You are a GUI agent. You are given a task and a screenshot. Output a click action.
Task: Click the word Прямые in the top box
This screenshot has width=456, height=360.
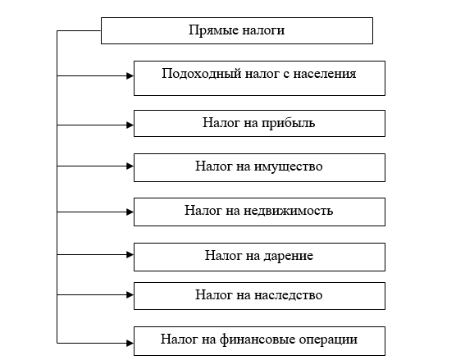click(213, 30)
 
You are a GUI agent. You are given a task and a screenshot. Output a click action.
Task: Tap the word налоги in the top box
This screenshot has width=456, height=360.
click(263, 31)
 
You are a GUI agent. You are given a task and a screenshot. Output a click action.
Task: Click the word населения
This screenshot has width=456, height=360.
click(325, 74)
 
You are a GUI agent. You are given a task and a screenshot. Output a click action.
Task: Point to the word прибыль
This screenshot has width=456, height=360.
click(288, 123)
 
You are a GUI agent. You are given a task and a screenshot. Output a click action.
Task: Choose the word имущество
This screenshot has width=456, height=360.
click(288, 167)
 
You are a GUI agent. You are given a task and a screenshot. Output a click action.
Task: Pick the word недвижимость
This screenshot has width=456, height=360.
click(288, 211)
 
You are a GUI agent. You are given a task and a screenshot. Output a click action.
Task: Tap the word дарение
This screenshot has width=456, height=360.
click(288, 256)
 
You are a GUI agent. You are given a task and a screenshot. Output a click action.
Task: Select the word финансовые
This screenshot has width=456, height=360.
click(258, 339)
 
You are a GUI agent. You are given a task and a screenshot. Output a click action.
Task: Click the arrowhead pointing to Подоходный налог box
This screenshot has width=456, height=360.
click(130, 76)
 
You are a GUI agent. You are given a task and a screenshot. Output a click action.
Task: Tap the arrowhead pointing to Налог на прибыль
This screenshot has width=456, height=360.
click(130, 125)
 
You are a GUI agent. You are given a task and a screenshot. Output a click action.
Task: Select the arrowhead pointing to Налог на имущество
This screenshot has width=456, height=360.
click(130, 166)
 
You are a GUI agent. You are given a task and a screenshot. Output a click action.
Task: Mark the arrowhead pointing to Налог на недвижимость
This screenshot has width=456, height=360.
click(130, 212)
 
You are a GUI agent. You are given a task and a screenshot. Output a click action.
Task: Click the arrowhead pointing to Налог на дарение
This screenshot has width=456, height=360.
click(130, 255)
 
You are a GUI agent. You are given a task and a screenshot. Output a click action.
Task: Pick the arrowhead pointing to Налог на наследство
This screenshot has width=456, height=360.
click(130, 295)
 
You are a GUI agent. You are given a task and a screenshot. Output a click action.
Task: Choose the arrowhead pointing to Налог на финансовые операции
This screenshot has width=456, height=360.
click(130, 343)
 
